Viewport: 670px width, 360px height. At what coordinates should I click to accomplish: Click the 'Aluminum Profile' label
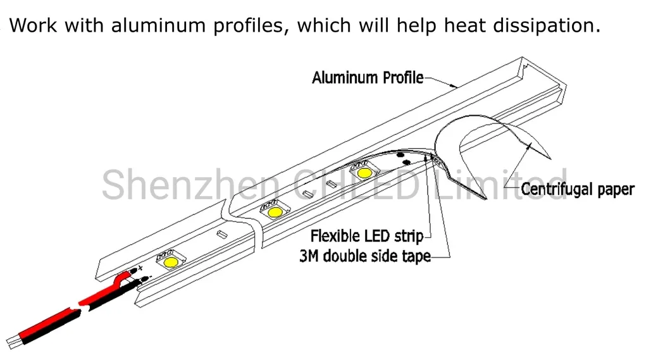[x=368, y=78]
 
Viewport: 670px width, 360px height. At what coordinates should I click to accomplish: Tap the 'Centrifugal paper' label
[x=577, y=189]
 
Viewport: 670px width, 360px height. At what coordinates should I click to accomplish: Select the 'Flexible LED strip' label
[x=366, y=237]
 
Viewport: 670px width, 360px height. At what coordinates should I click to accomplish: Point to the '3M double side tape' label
[x=364, y=256]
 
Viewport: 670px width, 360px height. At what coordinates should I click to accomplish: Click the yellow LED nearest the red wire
[x=170, y=261]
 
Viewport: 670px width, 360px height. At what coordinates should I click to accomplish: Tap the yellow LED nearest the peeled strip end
[x=364, y=172]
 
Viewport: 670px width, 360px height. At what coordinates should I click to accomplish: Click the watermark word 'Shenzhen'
[x=190, y=183]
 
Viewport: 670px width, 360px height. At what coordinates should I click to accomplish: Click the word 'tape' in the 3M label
[x=417, y=256]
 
